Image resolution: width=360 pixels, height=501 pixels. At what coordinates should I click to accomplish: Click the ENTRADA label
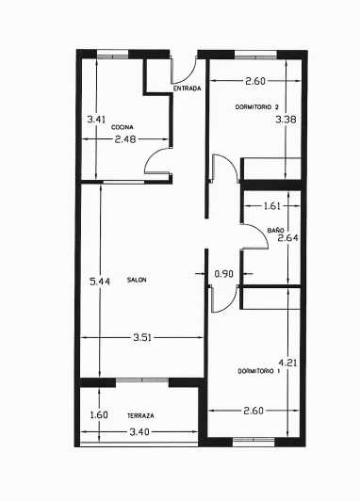186,89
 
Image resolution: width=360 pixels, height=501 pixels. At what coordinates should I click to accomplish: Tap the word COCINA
122,126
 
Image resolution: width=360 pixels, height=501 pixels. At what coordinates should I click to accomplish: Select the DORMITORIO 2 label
257,108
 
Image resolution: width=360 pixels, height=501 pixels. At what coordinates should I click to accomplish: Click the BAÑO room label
275,230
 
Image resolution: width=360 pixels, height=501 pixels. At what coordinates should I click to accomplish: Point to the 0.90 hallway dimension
223,274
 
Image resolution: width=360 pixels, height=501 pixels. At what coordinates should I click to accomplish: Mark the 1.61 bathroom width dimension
271,204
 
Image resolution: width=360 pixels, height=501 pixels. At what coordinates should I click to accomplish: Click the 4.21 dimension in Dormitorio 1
286,361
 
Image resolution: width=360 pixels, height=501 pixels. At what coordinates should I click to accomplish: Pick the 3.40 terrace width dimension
139,433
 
